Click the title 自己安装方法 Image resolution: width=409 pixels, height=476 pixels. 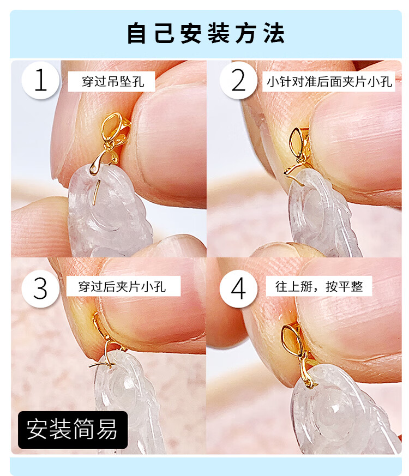point(206,33)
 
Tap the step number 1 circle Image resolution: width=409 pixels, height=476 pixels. point(41,80)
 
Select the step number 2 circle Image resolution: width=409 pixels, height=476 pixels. point(238,80)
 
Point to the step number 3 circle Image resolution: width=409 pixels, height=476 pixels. point(41,288)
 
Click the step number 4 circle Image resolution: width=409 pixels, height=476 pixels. point(238,288)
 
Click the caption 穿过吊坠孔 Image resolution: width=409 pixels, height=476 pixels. point(111,81)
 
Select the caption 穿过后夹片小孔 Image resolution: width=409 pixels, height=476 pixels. point(123,286)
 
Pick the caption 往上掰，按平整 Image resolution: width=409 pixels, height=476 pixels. point(319,286)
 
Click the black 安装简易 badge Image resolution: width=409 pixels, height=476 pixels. point(73,430)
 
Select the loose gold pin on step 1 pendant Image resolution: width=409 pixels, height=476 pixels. point(96,192)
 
